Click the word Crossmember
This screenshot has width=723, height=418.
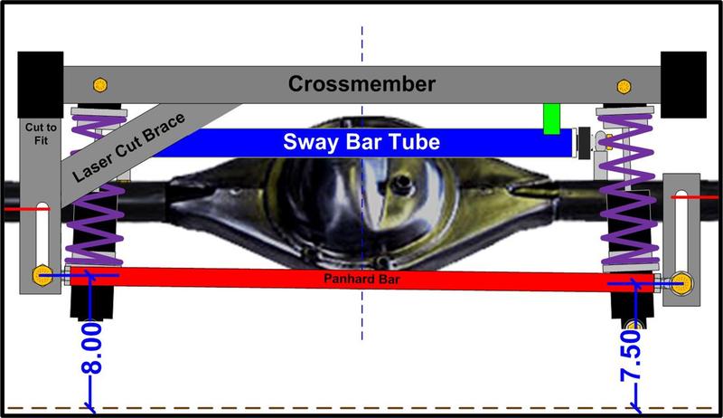(x=361, y=85)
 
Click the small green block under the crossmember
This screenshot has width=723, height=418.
(x=550, y=118)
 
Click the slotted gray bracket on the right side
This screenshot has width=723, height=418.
(x=681, y=231)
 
